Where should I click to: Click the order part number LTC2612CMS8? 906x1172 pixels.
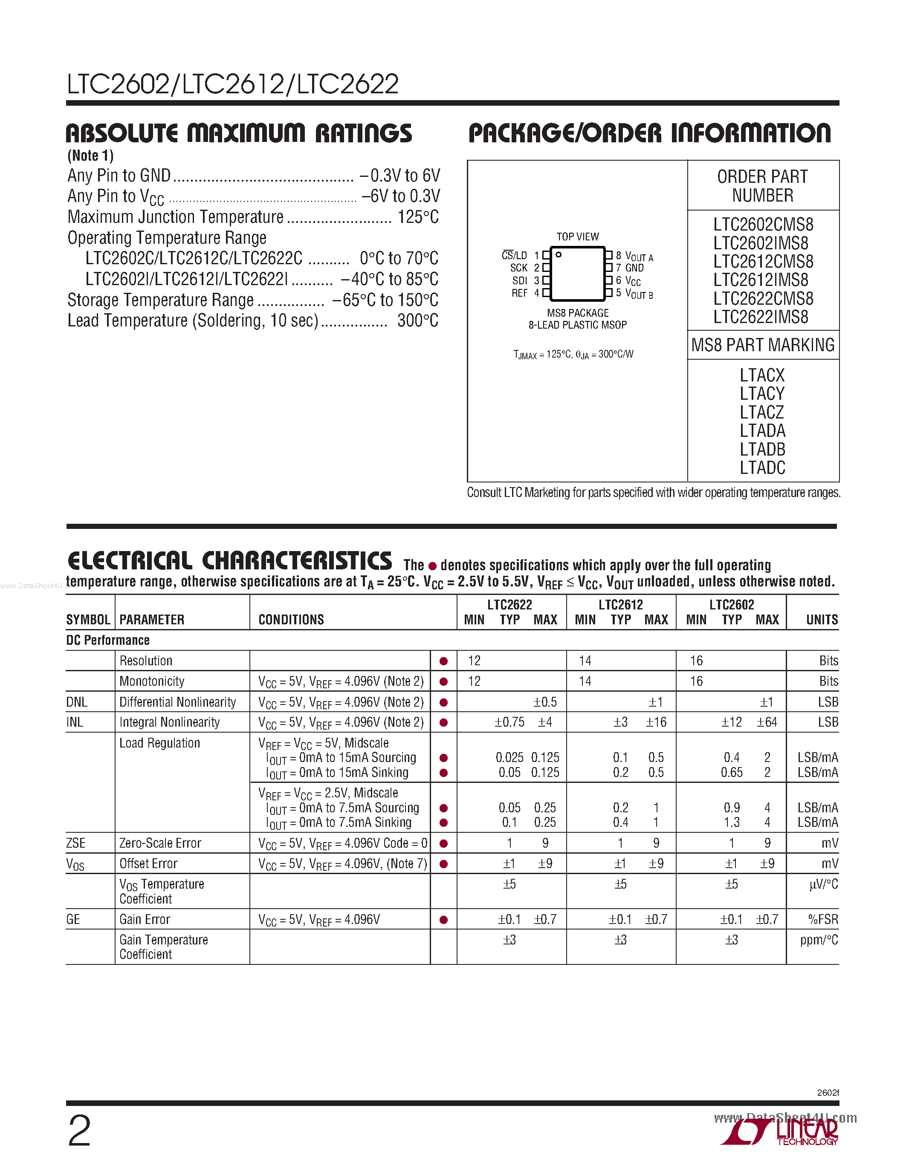click(763, 261)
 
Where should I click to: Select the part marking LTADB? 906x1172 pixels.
click(762, 449)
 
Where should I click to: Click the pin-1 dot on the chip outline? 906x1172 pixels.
click(559, 254)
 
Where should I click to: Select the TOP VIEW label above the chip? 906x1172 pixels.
click(578, 237)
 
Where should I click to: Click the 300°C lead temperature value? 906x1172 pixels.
click(417, 320)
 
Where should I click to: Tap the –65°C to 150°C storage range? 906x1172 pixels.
click(385, 300)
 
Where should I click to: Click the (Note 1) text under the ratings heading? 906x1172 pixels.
click(90, 156)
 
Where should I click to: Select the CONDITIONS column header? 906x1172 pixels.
click(291, 620)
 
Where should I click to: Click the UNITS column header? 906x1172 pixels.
click(821, 620)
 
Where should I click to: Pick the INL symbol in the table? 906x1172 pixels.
click(75, 722)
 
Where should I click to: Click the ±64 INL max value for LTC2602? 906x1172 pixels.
click(767, 722)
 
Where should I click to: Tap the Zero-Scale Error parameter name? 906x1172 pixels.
click(160, 843)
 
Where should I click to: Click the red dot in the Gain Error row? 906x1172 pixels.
click(443, 920)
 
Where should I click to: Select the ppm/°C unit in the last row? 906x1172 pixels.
click(819, 940)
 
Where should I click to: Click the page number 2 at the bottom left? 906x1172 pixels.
click(79, 1131)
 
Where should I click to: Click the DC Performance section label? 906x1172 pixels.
click(108, 640)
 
